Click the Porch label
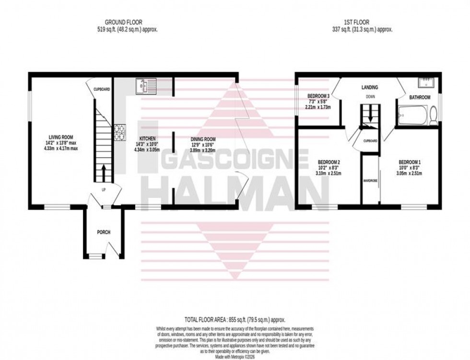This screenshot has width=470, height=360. [x=104, y=232]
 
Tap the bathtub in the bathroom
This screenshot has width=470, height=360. [x=412, y=115]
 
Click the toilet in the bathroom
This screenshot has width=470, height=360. [x=433, y=116]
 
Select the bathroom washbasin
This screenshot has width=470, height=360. [x=426, y=83]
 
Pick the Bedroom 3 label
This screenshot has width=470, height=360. [x=318, y=96]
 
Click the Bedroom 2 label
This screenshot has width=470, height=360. [x=329, y=162]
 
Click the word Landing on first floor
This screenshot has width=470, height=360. [x=370, y=87]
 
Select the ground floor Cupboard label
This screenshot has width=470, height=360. [x=102, y=89]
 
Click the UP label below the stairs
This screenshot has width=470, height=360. [x=103, y=190]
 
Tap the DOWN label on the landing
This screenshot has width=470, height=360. [x=370, y=96]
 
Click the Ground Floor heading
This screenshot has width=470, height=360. [x=124, y=22]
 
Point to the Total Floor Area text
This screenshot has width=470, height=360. [x=235, y=319]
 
